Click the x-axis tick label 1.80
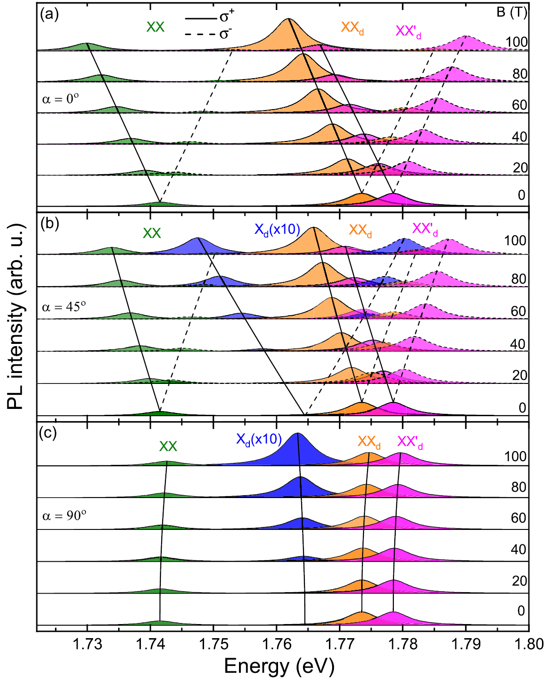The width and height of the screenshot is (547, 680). [x=529, y=644]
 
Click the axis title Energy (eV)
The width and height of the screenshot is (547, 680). [x=279, y=666]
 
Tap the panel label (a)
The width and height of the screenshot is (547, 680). [x=49, y=15]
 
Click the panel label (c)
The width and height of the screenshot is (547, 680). [x=48, y=433]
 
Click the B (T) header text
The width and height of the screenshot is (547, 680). [x=512, y=12]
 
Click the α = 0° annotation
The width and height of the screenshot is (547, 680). [x=60, y=99]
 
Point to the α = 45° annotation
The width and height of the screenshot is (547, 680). [x=64, y=307]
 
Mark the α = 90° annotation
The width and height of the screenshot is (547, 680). [x=64, y=516]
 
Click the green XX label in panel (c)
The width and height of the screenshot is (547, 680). [x=168, y=446]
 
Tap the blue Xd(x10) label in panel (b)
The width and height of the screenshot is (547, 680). [x=277, y=230]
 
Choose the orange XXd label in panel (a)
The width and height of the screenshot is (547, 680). [x=352, y=28]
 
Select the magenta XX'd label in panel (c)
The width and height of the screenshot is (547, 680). [x=410, y=442]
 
